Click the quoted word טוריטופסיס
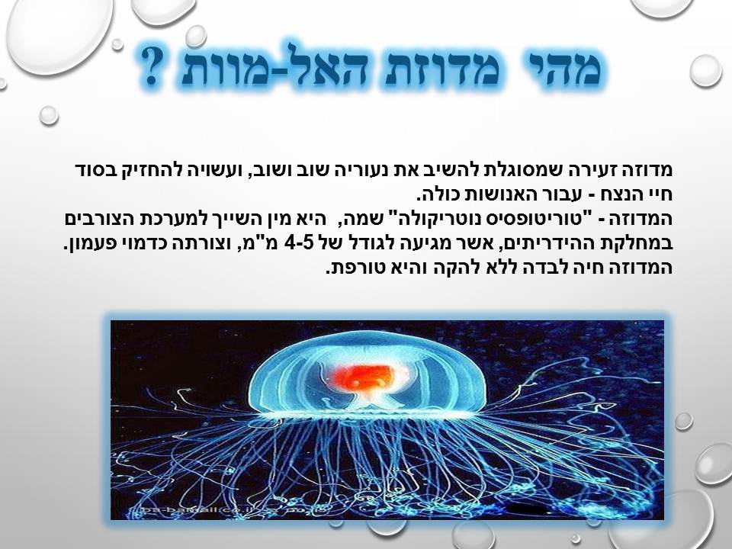[548, 220]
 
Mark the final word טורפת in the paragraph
[356, 268]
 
